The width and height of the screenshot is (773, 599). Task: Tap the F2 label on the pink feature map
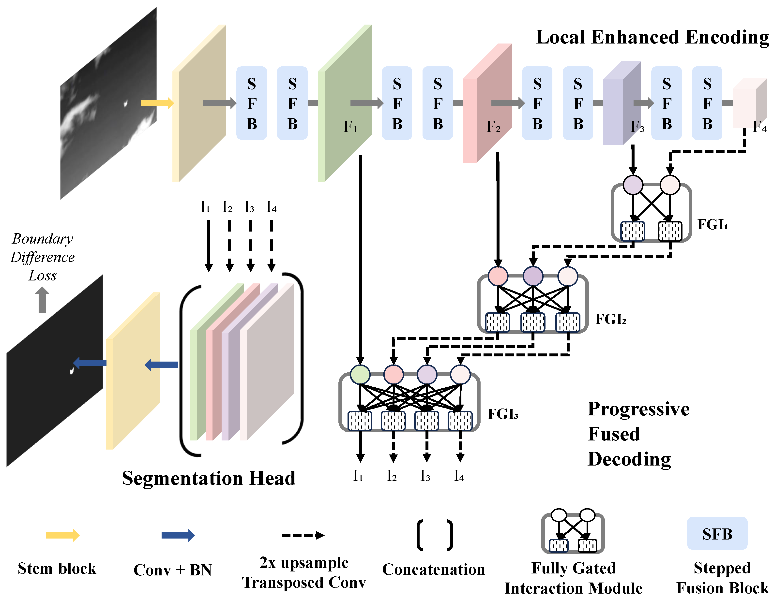[493, 127]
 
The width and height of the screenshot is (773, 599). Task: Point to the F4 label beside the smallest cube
[759, 126]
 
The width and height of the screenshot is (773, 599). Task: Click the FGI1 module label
[712, 225]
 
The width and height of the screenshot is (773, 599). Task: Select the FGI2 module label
[610, 319]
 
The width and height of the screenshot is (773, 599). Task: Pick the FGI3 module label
[503, 414]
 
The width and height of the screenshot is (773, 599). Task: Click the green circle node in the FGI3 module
[360, 374]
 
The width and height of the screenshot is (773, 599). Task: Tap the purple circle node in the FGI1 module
[633, 185]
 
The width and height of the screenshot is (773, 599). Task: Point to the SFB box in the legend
[717, 534]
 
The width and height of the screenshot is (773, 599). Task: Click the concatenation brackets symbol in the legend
[435, 535]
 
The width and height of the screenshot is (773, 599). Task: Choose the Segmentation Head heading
[209, 478]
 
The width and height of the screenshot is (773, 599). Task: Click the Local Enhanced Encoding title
[652, 37]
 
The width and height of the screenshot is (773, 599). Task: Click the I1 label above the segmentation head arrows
[205, 207]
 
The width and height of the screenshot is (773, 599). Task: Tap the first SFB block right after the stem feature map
[251, 103]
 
